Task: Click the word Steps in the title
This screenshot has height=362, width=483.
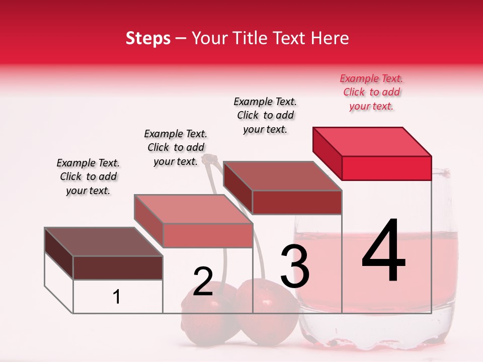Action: (148, 38)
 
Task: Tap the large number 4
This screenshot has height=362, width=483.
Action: (383, 251)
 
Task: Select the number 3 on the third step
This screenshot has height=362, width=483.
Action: (294, 266)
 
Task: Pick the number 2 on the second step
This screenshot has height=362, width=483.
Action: (203, 282)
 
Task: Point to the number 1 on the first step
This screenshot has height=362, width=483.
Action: (116, 297)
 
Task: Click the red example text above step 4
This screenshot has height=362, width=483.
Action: (371, 92)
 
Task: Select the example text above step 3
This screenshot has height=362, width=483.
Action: (265, 115)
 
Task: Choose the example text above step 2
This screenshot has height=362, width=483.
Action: (176, 147)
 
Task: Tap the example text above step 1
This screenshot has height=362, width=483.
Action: (88, 176)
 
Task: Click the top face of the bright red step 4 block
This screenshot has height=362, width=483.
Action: (372, 141)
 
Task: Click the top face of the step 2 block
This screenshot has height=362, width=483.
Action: (193, 209)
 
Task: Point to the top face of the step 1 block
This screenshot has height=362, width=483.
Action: (104, 242)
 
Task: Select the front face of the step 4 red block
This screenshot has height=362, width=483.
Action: (386, 168)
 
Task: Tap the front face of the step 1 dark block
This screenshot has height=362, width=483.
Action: (118, 267)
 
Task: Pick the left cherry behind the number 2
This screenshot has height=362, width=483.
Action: (201, 322)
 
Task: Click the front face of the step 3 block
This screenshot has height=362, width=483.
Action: (297, 202)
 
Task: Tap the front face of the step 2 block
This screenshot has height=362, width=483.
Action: (207, 235)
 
